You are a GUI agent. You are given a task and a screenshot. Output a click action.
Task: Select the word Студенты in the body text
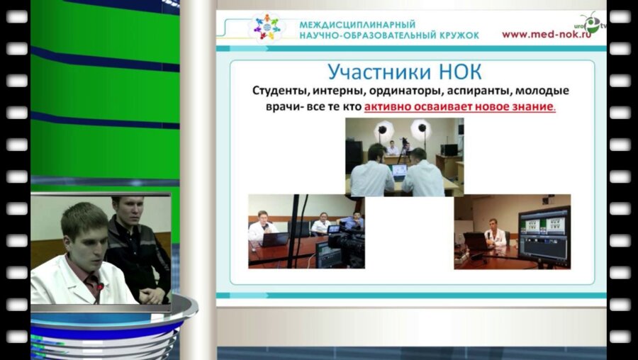280,91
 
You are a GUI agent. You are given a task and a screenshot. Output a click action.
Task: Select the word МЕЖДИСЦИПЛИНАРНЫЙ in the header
357,24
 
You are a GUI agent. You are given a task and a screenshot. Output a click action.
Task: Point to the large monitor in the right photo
544,235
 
